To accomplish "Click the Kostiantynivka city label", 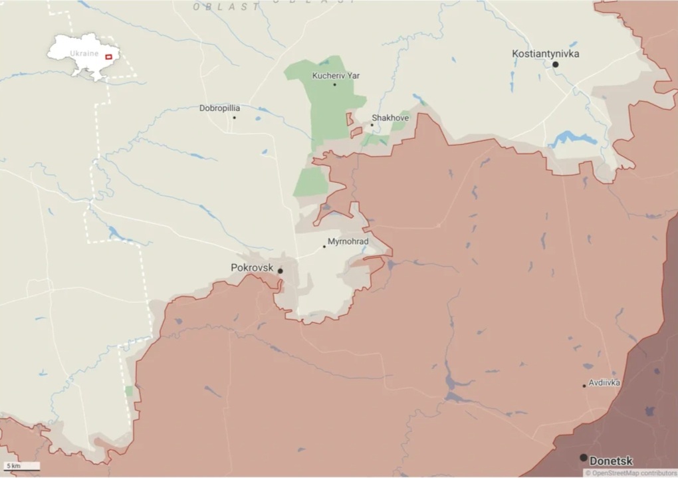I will click(x=545, y=53).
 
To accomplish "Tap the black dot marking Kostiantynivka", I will click(x=555, y=64).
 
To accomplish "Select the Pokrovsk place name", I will click(x=252, y=267).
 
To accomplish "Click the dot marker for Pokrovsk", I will click(x=281, y=271).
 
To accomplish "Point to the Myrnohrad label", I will click(x=348, y=242).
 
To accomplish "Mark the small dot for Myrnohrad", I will click(x=324, y=247).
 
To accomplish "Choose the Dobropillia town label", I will click(x=220, y=108).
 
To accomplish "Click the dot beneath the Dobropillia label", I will click(x=234, y=118).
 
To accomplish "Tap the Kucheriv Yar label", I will click(x=336, y=76).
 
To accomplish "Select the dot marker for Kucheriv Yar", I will click(x=334, y=84).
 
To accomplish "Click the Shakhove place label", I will click(x=390, y=118).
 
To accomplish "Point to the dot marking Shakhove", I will click(x=372, y=125).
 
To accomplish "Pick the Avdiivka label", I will click(x=604, y=383).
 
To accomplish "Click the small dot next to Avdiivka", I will click(x=584, y=386).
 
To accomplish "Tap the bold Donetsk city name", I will click(x=611, y=461).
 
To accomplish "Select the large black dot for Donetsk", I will click(x=583, y=457).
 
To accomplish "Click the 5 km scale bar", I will click(x=21, y=467).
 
